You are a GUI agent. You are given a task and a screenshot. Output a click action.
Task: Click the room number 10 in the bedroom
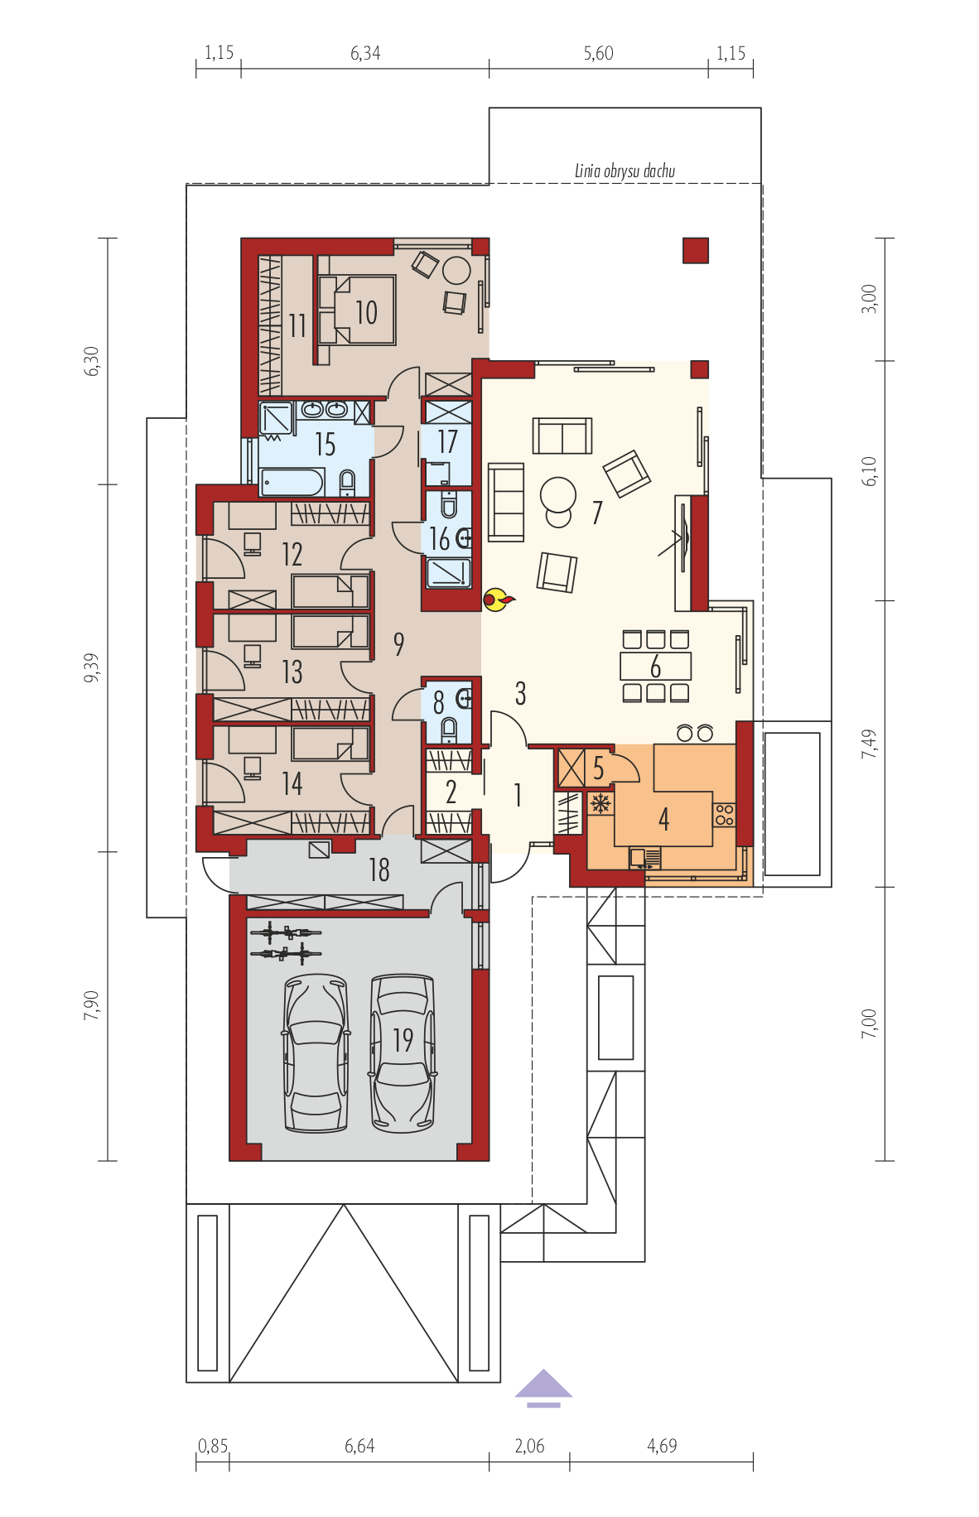click(366, 312)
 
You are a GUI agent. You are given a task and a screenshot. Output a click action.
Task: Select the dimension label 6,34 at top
click(365, 53)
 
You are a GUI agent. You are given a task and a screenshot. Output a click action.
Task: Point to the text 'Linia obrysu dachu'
click(625, 171)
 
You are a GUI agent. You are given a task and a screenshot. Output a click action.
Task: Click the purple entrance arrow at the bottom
click(543, 1388)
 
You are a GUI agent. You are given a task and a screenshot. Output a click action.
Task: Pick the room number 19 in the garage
click(403, 1039)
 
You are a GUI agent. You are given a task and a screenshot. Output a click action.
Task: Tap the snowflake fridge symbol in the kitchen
click(600, 803)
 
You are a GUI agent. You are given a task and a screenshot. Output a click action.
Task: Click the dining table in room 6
click(656, 666)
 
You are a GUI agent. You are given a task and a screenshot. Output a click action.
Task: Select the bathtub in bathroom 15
click(292, 482)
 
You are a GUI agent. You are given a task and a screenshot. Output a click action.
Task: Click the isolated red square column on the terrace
click(696, 250)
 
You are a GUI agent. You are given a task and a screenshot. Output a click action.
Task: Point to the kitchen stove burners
click(725, 815)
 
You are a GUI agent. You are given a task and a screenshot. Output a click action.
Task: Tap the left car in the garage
click(315, 1052)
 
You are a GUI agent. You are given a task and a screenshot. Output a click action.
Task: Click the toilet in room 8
click(449, 730)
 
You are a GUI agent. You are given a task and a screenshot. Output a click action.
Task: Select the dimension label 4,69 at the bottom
click(662, 1446)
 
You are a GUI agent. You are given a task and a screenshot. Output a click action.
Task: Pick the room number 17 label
click(447, 441)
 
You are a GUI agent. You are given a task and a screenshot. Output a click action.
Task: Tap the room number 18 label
click(379, 869)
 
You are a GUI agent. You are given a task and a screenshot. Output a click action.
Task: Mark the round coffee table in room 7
click(558, 495)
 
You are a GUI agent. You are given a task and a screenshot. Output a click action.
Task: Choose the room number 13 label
click(292, 672)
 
